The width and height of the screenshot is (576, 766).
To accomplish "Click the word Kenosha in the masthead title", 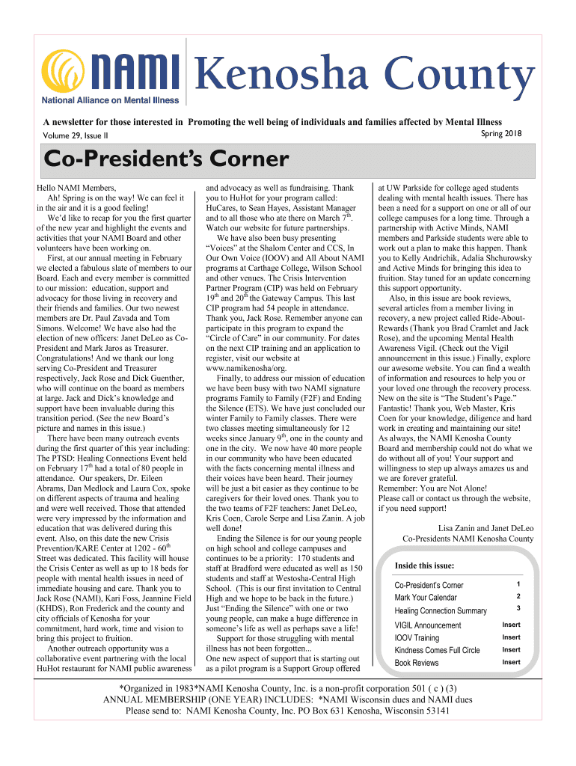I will (269, 76).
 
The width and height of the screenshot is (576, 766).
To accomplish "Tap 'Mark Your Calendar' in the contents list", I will (426, 598).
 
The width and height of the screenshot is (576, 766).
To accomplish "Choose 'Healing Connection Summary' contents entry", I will (441, 611).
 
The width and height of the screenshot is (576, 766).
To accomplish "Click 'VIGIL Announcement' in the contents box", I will (428, 625).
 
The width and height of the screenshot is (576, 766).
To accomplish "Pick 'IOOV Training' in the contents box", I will (417, 638).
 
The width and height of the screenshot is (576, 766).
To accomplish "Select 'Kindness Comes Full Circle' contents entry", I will (437, 651).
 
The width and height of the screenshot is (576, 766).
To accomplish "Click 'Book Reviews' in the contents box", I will (417, 664).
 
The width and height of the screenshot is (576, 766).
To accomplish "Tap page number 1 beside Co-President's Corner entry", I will (518, 583).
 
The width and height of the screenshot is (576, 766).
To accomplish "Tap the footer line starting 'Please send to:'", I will (287, 711).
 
